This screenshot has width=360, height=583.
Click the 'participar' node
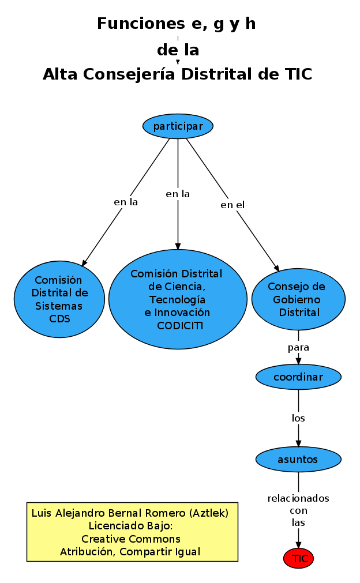point(178,126)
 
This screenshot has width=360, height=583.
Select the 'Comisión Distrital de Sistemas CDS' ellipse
point(59,299)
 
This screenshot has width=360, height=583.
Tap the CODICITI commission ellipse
point(178,299)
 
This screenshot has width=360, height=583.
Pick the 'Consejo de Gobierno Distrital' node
point(298,299)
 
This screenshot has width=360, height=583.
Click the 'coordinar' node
point(298,377)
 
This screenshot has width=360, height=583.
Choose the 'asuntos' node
point(298,460)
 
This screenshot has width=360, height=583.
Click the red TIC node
point(299,558)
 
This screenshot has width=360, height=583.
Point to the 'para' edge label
point(298,348)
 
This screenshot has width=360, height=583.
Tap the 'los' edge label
point(298,418)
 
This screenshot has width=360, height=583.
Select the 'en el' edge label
point(232,205)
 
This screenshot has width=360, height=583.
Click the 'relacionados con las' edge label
point(298,510)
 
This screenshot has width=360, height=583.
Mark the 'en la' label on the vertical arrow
point(178,194)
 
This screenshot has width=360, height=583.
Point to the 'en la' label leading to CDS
point(126,202)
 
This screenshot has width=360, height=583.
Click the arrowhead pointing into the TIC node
point(299,544)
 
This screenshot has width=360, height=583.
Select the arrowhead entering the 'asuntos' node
point(298,443)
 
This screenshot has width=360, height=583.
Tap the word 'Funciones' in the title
point(135,24)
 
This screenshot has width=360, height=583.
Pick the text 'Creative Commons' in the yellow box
point(131,539)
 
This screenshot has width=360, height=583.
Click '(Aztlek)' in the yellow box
point(208,513)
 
